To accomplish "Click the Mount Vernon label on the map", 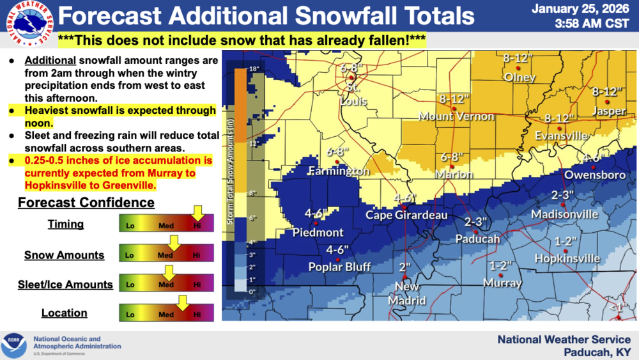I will (456, 116).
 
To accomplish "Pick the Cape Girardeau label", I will (406, 215).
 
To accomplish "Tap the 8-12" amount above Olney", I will (518, 59).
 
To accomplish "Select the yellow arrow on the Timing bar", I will (197, 212).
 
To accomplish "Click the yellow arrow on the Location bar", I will (182, 302).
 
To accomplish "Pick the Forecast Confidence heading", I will (86, 203).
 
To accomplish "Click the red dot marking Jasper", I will (608, 102).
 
